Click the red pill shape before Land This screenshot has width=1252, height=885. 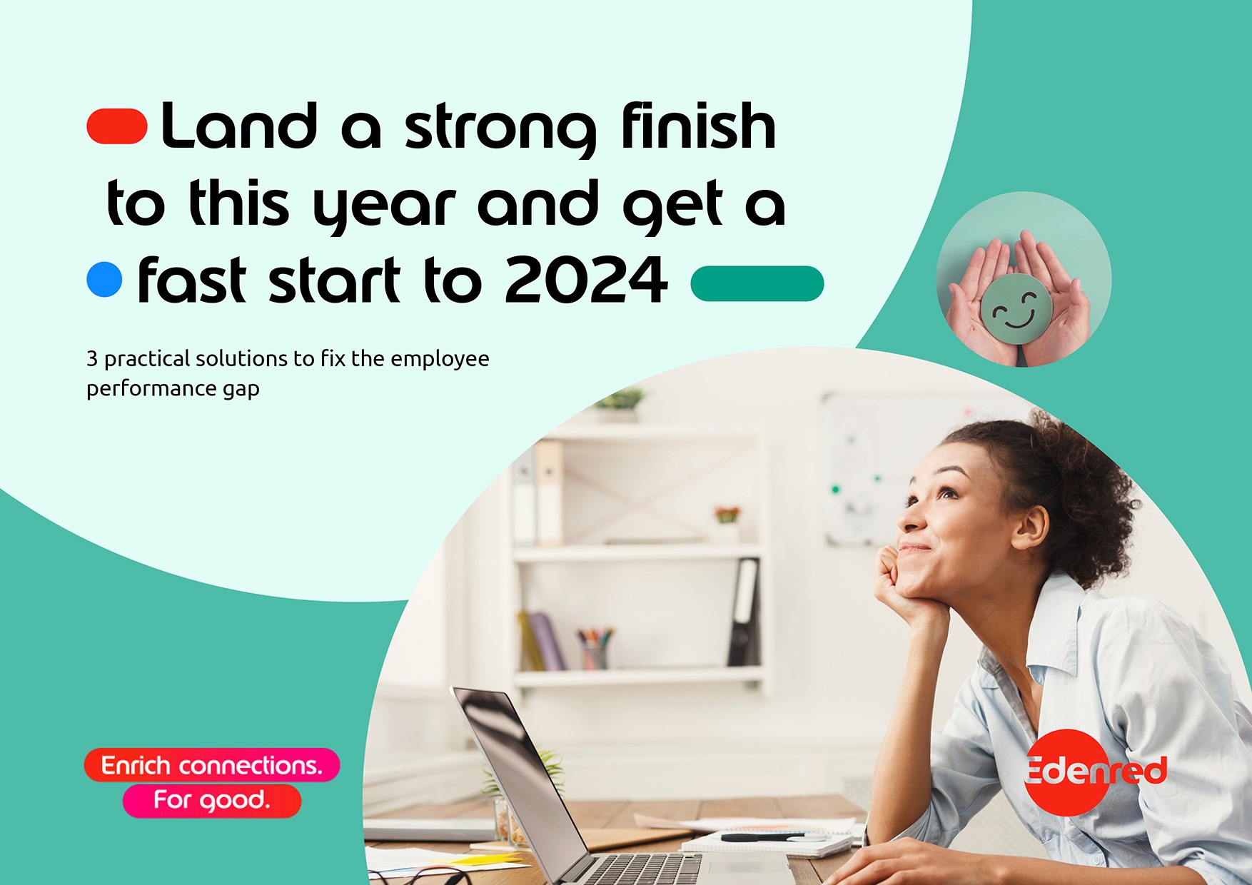point(117,127)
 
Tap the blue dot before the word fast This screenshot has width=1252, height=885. point(104,279)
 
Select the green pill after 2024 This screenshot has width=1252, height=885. point(757,283)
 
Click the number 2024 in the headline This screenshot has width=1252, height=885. point(586,280)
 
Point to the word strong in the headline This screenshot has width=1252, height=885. point(500,130)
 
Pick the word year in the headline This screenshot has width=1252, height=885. point(385,208)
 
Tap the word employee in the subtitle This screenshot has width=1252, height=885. point(440,359)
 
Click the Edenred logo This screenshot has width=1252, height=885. point(1095,771)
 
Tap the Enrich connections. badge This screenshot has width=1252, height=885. point(212,765)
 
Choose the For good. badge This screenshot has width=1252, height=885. point(212,800)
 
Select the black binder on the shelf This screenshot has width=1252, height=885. point(744,612)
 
